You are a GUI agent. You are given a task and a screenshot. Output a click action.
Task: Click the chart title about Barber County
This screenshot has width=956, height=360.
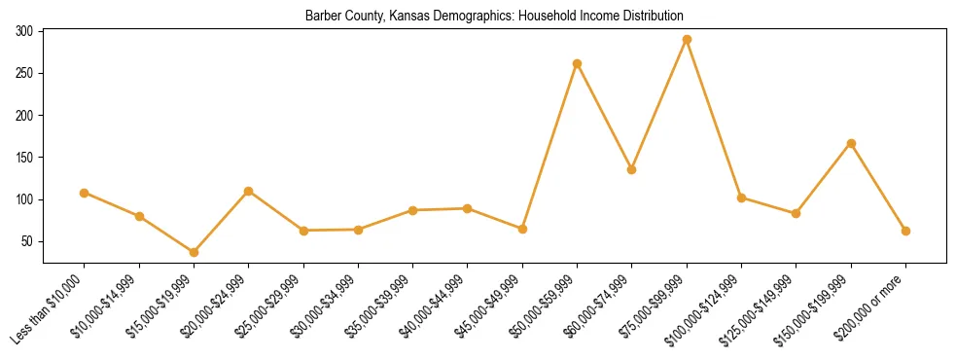[494, 16]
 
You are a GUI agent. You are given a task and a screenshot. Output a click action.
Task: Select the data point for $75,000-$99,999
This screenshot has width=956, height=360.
[687, 40]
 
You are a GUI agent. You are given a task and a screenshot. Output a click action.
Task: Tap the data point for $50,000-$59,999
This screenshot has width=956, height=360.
[578, 64]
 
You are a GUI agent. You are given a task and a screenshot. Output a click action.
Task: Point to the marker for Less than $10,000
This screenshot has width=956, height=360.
[85, 193]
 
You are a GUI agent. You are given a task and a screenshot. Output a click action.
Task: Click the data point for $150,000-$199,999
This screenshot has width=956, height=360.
[851, 143]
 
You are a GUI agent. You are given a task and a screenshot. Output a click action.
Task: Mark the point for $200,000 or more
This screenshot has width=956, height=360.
[905, 231]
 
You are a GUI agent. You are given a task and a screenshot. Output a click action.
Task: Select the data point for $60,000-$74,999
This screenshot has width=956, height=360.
[632, 169]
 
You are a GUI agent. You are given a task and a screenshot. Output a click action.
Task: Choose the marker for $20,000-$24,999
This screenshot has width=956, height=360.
[249, 191]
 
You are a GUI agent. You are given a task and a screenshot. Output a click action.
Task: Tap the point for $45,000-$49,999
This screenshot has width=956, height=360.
[522, 229]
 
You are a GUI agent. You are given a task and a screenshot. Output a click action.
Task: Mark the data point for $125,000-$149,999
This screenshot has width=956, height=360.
[797, 213]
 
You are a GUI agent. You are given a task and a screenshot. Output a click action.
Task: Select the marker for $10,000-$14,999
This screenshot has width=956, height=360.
[139, 216]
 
